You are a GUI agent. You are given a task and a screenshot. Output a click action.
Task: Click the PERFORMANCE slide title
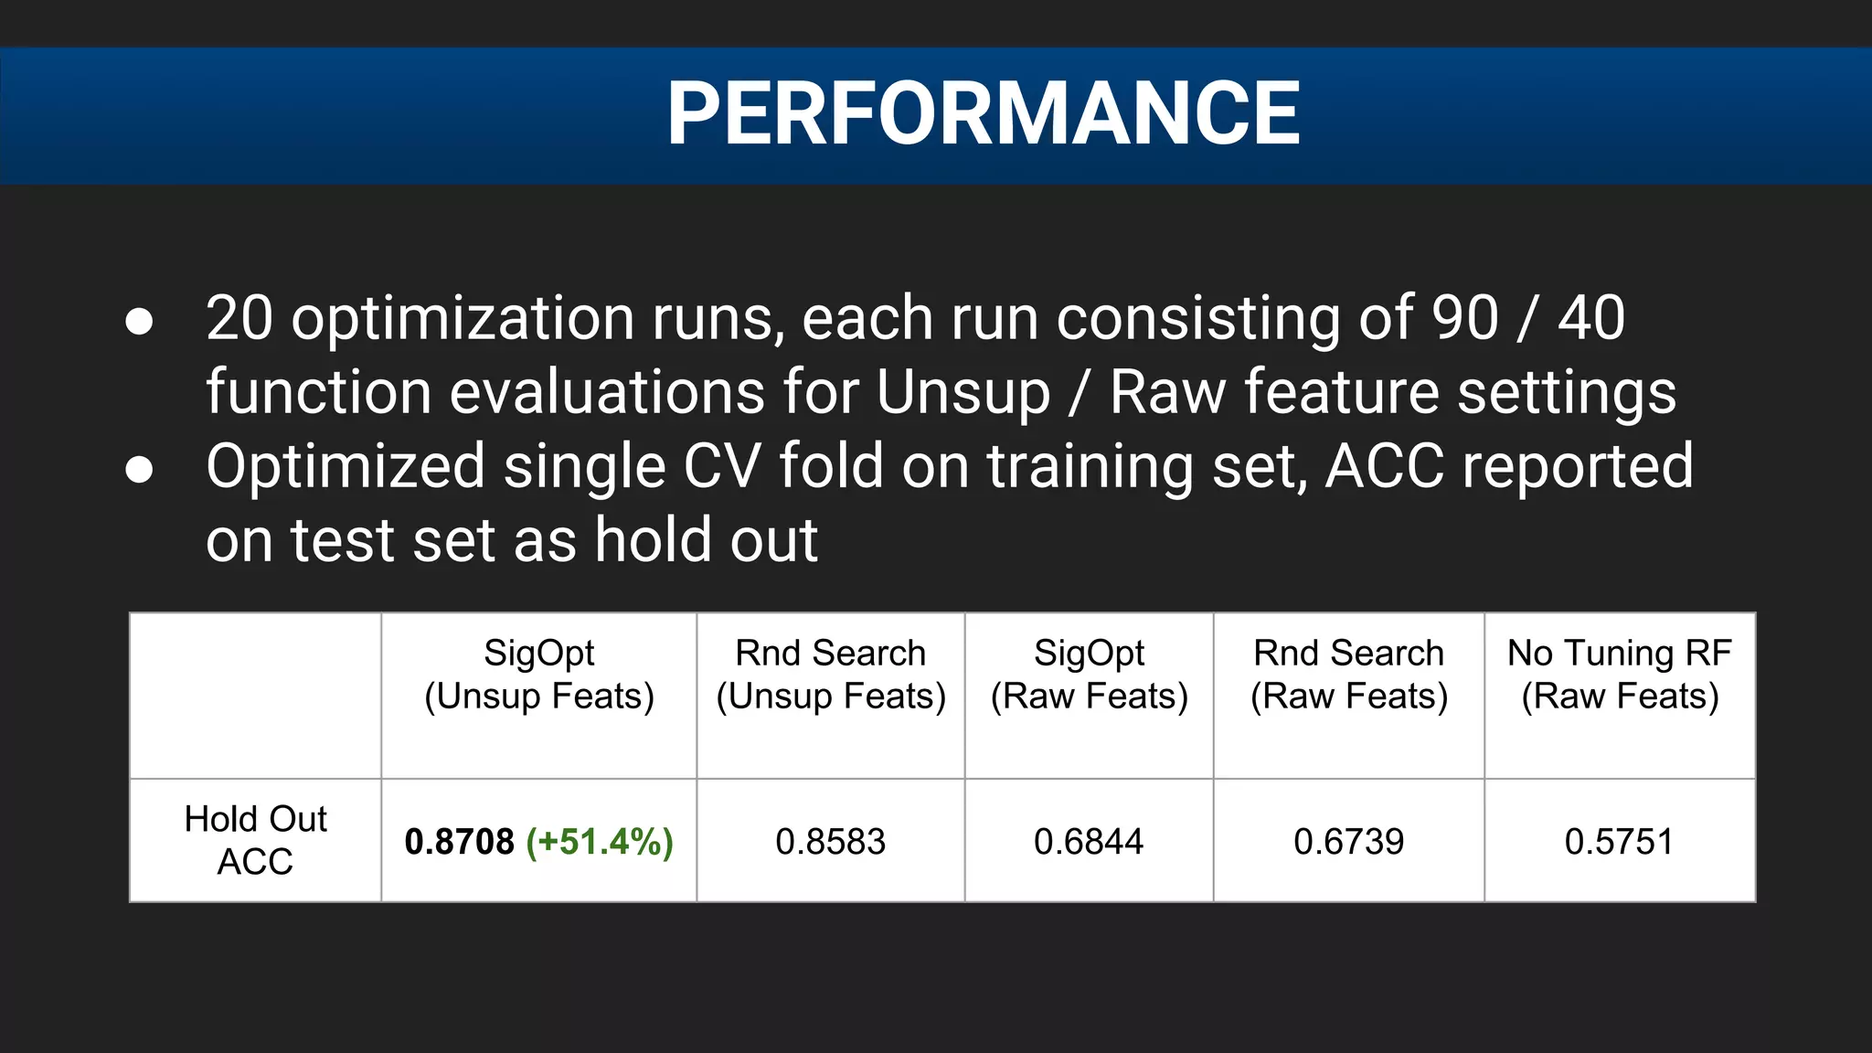pos(983,113)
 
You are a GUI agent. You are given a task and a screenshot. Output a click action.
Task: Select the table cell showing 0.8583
pos(830,841)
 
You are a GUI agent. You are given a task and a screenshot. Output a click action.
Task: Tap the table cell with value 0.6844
pos(1088,841)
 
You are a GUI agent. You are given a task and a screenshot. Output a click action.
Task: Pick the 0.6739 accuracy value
pos(1348,841)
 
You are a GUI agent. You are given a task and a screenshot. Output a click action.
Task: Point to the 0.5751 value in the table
pos(1619,841)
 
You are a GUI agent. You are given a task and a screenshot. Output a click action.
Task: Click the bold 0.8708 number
pos(460,841)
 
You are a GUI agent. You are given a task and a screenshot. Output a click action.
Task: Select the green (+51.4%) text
pos(600,841)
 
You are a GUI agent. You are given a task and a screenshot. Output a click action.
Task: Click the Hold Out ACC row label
pos(255,840)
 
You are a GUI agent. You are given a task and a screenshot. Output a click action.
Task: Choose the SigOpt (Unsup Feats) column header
pos(539,675)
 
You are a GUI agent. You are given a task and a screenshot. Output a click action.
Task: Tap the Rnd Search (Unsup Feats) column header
pos(830,675)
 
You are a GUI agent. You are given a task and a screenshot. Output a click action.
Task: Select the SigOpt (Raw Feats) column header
pos(1089,675)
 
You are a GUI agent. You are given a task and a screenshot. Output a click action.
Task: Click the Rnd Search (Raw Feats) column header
pos(1348,675)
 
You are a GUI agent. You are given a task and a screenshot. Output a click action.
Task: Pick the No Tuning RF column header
pos(1619,675)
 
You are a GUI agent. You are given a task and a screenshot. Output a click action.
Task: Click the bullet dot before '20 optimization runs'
pos(139,322)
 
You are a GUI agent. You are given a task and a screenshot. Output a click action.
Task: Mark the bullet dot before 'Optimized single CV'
pos(139,470)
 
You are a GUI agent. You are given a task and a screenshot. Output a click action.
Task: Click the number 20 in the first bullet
pos(239,318)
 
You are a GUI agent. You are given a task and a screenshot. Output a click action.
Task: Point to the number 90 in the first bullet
pos(1464,318)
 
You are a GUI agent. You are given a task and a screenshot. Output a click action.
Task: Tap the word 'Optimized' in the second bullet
pos(345,467)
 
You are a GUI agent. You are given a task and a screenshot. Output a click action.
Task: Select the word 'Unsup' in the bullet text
pos(963,393)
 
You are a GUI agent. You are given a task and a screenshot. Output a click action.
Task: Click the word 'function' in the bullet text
pos(318,393)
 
